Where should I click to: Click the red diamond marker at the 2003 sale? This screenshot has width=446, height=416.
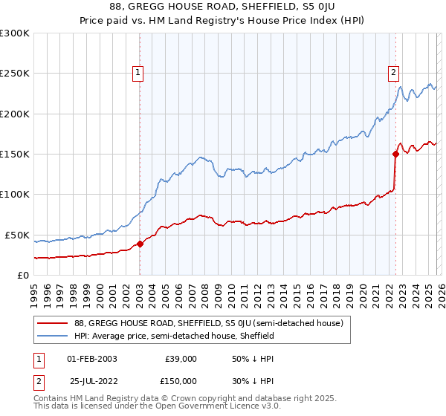tap(140, 244)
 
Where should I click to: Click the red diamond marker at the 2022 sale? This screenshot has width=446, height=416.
tap(395, 155)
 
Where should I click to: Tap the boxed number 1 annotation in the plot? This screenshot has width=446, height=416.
tap(139, 72)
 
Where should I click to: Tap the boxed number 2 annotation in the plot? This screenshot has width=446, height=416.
tap(392, 72)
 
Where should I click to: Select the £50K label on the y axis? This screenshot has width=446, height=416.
tap(17, 235)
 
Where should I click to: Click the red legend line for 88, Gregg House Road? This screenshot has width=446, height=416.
tap(54, 323)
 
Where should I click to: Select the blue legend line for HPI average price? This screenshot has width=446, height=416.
tap(54, 336)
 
